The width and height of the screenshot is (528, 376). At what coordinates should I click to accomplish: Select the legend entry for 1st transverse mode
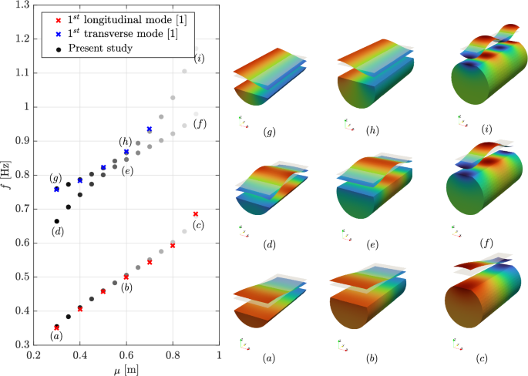(116, 32)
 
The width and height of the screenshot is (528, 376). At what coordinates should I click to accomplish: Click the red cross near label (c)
(196, 214)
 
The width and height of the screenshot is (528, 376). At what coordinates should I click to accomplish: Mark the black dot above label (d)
(56, 221)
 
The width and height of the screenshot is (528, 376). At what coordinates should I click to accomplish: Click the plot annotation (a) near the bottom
(55, 336)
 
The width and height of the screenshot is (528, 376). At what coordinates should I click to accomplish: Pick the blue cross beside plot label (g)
(56, 189)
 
